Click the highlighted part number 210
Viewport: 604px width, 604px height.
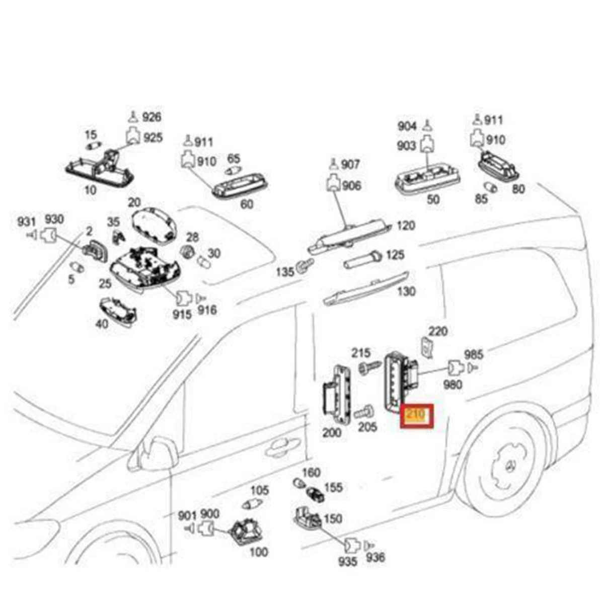[x=416, y=416]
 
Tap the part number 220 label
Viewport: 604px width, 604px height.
[x=438, y=331]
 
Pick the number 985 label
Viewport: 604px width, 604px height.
[x=473, y=355]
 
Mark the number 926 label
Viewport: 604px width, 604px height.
[x=151, y=117]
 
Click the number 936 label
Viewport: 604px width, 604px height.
[x=375, y=557]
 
